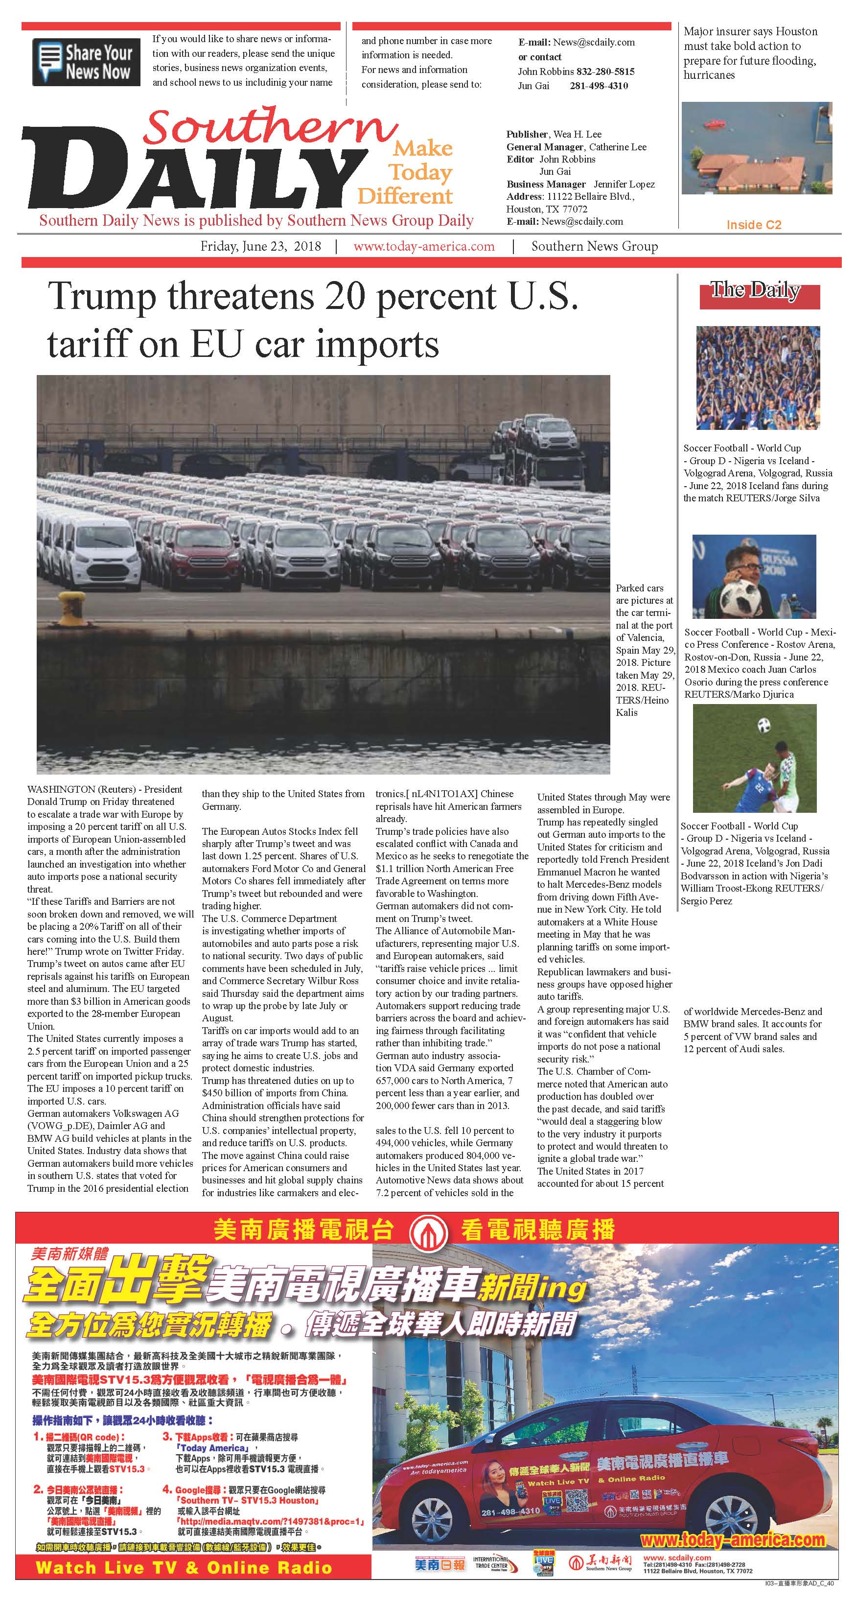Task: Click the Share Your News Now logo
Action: click(83, 62)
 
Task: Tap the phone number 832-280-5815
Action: click(605, 71)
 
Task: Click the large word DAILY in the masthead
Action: click(193, 169)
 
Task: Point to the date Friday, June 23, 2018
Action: click(260, 246)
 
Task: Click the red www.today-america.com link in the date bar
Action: click(424, 246)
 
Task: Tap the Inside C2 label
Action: click(753, 225)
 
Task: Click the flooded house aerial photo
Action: click(756, 148)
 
